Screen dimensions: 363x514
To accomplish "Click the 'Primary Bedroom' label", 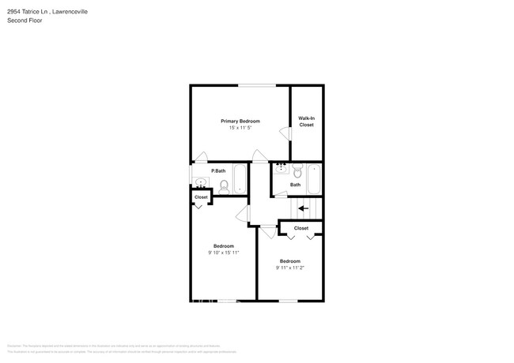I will coord(240,121).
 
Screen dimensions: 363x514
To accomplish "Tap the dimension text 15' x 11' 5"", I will coord(240,128).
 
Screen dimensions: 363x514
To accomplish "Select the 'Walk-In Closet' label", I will coord(306,122).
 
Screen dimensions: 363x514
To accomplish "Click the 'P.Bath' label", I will coord(218,171).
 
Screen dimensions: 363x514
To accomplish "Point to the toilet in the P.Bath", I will coord(224,186).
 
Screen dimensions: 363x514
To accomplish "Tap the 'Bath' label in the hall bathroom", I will coord(295,185).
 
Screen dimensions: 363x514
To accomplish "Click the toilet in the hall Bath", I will coord(297,170).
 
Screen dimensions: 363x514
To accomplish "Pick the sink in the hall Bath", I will coord(280,170).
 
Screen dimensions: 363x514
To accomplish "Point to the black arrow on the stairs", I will coord(304,208).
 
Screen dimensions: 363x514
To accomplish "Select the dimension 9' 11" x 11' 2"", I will coord(289,268).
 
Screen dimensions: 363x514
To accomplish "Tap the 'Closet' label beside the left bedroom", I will coord(201,197).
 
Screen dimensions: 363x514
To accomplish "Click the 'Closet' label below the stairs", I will coord(301,228).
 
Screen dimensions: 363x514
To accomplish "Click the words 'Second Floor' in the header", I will coord(25,21).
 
